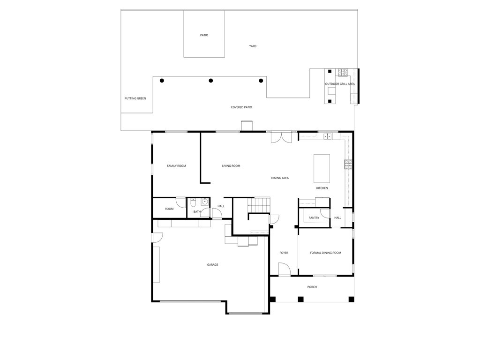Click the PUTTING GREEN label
(x=135, y=98)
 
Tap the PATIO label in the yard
(x=204, y=35)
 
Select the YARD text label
(x=253, y=46)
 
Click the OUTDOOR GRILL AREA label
(x=340, y=84)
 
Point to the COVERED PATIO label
(x=241, y=107)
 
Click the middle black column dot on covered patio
(x=211, y=81)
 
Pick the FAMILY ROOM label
(x=176, y=166)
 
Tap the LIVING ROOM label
(x=231, y=166)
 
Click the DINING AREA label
(x=280, y=178)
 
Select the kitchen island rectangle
(x=322, y=168)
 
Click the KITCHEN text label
(x=322, y=188)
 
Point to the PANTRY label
(x=314, y=217)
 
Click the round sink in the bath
(x=204, y=202)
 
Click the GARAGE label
(x=212, y=265)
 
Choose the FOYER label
(x=284, y=253)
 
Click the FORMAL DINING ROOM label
(x=325, y=253)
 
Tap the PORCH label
(x=312, y=287)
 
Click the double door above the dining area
(x=281, y=137)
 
